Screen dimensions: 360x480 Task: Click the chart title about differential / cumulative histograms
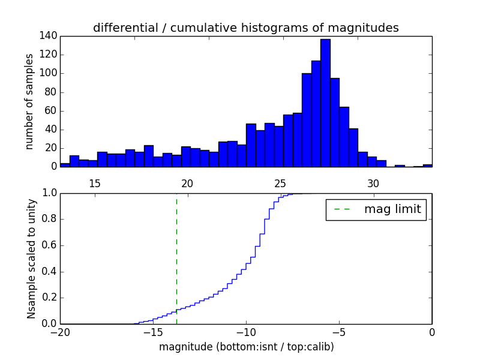[245, 28]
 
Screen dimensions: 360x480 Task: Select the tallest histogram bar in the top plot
[325, 102]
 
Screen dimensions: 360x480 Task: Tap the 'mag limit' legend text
[392, 209]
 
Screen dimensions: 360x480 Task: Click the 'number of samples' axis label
[29, 101]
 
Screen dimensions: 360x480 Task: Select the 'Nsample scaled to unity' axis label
[31, 259]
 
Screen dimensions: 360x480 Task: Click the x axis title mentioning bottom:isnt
[246, 347]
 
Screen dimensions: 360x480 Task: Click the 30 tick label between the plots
[373, 183]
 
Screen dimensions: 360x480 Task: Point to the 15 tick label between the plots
[94, 183]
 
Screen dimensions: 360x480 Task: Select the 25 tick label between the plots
[280, 183]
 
